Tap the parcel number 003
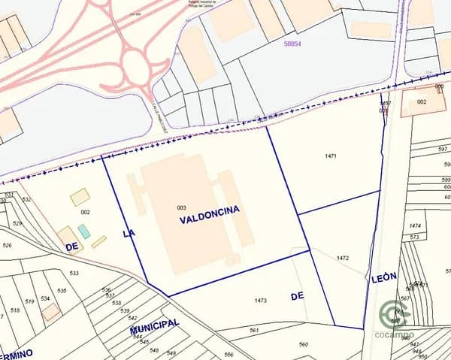point(181,207)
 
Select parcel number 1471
point(330,156)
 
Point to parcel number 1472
point(343,258)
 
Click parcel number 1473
point(260,300)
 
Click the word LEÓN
point(383,277)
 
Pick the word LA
point(129,234)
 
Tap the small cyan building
point(83,231)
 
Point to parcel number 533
point(74,273)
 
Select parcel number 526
point(7,245)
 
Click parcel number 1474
point(414,225)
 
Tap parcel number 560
point(303,344)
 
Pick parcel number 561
point(254,330)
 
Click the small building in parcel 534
point(50,311)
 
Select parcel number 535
point(62,290)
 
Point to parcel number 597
point(443,150)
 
